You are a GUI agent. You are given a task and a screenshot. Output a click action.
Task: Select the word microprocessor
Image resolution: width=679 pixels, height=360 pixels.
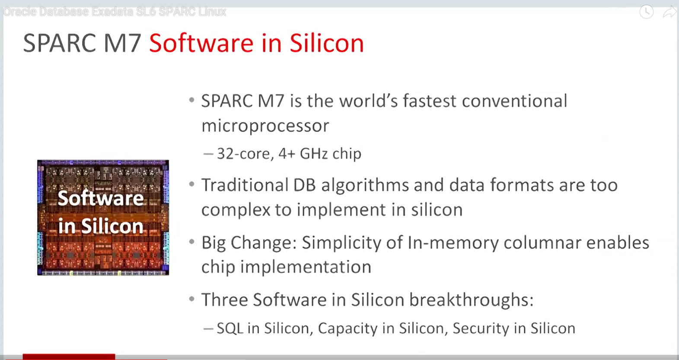pyautogui.click(x=265, y=126)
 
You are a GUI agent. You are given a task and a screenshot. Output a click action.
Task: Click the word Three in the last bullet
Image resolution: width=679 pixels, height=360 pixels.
pyautogui.click(x=224, y=300)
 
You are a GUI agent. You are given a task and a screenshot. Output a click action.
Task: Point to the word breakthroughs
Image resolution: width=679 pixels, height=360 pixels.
pyautogui.click(x=471, y=300)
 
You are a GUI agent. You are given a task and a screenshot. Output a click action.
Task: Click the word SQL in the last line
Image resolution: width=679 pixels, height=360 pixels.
pyautogui.click(x=230, y=328)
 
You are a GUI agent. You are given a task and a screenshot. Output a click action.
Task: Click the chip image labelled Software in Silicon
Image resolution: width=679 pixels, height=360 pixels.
pyautogui.click(x=103, y=217)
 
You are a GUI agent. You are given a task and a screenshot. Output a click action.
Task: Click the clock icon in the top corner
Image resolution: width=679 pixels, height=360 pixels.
pyautogui.click(x=646, y=12)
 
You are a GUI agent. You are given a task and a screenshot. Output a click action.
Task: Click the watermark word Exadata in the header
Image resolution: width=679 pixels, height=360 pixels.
pyautogui.click(x=112, y=12)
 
